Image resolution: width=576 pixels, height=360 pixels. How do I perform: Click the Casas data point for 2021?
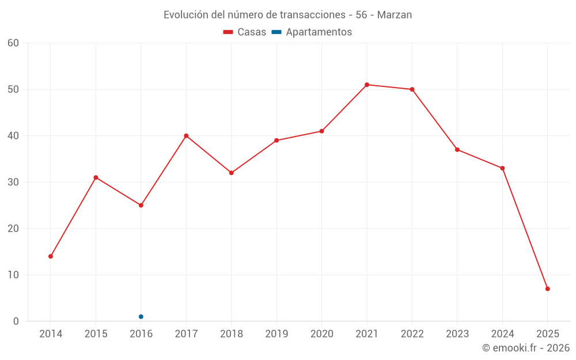(x=367, y=85)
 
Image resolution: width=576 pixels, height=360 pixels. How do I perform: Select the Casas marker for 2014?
(x=51, y=256)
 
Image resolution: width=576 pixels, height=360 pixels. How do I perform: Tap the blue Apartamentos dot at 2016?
(x=141, y=317)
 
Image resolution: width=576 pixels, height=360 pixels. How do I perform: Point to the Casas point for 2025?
(x=548, y=289)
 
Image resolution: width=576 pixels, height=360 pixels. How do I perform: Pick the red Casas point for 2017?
(x=186, y=136)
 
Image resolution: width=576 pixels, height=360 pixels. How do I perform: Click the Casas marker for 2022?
(x=412, y=89)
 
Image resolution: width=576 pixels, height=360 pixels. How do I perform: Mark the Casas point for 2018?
(x=232, y=173)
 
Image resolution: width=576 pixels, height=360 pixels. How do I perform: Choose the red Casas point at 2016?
(x=141, y=205)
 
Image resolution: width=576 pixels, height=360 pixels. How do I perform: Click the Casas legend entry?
(x=245, y=32)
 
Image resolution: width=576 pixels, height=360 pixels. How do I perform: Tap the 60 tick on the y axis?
(x=13, y=43)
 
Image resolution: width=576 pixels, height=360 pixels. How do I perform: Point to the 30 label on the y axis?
(x=13, y=182)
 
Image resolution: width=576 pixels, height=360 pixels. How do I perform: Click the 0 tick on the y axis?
(x=16, y=321)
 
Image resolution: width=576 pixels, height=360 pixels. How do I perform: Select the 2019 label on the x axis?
(x=276, y=334)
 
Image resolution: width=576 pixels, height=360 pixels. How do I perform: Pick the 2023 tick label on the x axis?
(x=457, y=334)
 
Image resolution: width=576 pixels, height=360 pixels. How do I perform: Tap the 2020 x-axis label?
(x=321, y=334)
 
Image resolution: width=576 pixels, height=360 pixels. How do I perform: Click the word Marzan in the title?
(x=395, y=15)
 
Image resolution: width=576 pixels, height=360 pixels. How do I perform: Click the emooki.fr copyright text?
(x=525, y=348)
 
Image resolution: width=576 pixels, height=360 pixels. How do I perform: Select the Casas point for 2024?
(x=502, y=168)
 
